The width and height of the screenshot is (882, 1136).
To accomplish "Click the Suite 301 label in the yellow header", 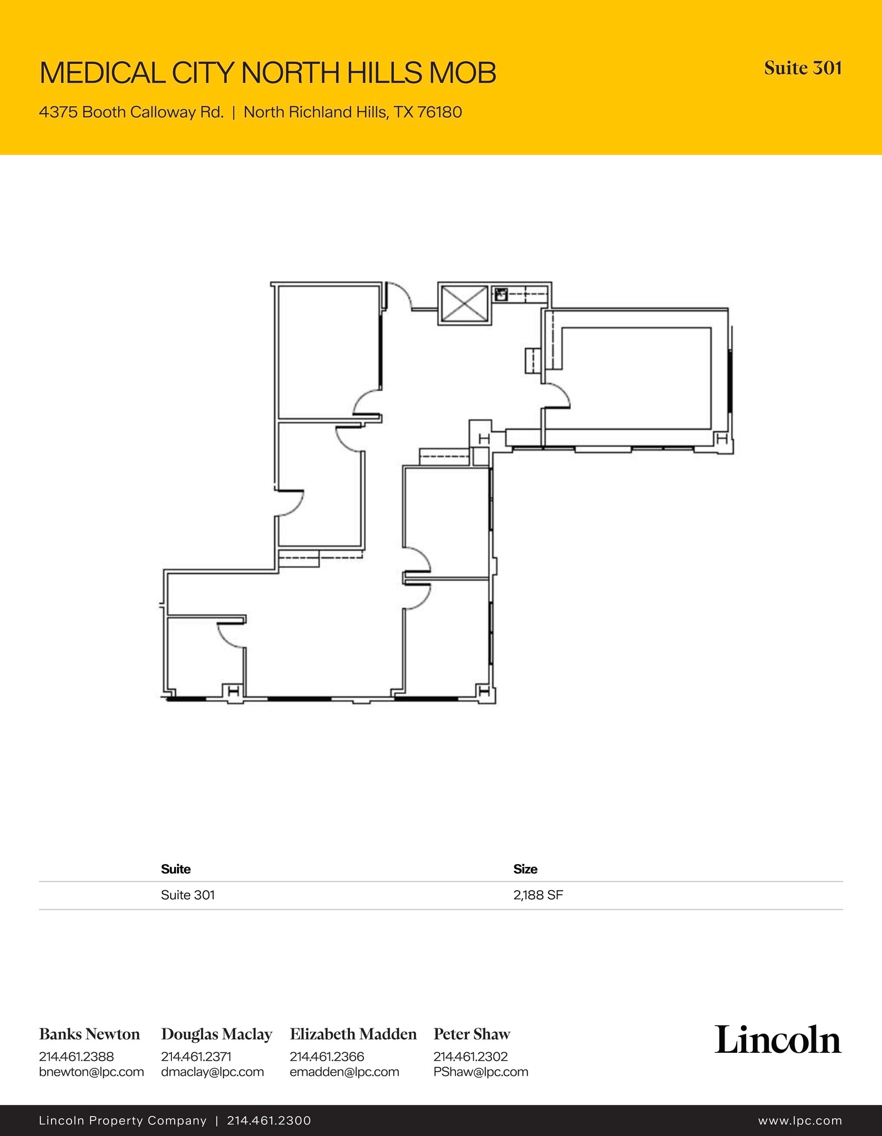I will click(803, 68).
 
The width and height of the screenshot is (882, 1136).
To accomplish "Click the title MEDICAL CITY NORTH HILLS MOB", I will click(268, 73).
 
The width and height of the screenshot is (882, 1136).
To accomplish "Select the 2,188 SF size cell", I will click(538, 895).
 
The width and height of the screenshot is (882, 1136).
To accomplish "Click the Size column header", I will click(525, 869).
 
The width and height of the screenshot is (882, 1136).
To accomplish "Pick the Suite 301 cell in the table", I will click(187, 895).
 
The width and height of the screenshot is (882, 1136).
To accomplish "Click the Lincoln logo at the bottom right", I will click(778, 1039).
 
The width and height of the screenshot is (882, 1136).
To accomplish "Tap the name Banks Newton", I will click(89, 1034).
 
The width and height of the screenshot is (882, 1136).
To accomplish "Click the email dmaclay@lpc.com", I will click(212, 1072).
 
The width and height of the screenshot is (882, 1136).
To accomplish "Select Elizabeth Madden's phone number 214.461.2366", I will click(327, 1057).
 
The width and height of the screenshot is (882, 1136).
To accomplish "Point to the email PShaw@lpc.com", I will click(481, 1072).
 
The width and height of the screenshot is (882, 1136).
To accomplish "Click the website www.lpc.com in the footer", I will click(800, 1121).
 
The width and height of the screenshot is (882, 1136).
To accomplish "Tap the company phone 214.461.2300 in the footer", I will click(269, 1121).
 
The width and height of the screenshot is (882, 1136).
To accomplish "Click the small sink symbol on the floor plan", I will click(501, 294).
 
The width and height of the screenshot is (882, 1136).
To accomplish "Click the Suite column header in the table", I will click(176, 869).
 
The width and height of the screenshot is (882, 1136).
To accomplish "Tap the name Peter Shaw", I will click(472, 1034).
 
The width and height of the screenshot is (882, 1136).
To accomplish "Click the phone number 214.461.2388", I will click(76, 1057).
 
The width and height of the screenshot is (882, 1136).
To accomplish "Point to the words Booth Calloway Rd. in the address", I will click(153, 113).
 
